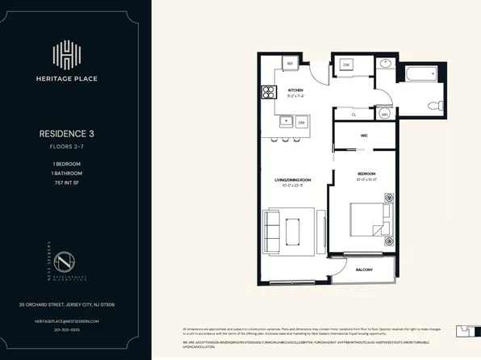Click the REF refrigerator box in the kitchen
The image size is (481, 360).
[x=289, y=65]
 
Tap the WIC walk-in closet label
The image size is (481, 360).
[x=364, y=136]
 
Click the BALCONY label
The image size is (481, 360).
[x=364, y=270]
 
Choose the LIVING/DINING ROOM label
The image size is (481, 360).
[x=293, y=179]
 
